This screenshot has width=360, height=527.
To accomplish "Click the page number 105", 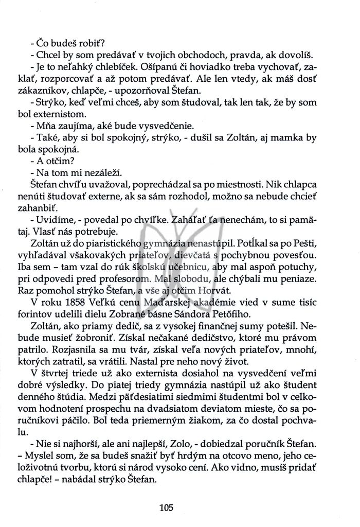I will coord(167,507).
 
